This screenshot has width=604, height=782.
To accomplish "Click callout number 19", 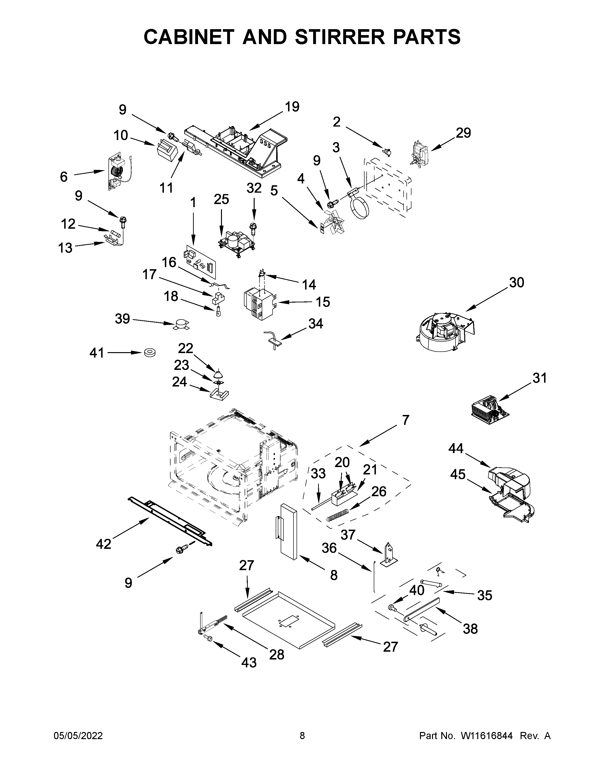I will point(292,107).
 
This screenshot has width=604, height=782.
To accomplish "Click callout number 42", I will point(104,544).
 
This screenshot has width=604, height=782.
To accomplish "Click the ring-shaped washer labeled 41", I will point(150,353).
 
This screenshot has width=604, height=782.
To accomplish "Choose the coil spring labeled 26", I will point(337,516).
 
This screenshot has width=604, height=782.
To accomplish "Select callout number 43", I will point(249,662).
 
